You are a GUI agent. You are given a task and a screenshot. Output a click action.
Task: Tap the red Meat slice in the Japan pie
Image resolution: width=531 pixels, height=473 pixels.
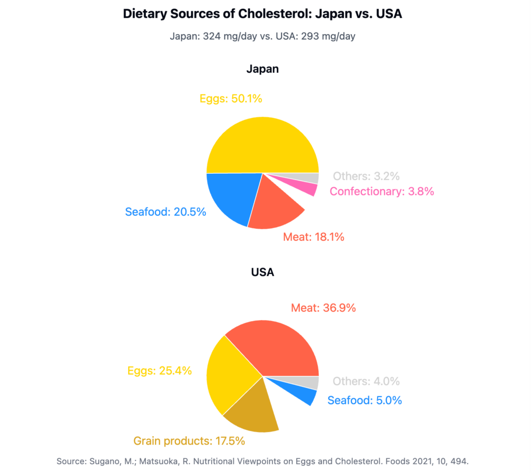(x=275, y=205)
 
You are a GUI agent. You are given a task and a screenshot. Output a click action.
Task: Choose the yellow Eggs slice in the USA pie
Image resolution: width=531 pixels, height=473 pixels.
(x=231, y=376)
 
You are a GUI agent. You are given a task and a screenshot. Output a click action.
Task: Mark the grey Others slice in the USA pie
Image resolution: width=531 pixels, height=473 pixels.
(x=311, y=383)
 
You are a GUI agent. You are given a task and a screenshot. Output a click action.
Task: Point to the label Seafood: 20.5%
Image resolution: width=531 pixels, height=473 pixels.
(x=165, y=212)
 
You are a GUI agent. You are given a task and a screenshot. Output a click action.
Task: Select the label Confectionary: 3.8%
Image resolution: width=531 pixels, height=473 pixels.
(x=382, y=191)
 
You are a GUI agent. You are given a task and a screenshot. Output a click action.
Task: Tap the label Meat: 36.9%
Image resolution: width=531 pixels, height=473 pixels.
(x=323, y=308)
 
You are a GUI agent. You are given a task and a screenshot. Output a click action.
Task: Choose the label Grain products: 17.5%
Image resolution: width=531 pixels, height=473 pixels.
(x=189, y=441)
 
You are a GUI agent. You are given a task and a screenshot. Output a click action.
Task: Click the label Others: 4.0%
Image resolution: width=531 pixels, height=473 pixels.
(x=366, y=381)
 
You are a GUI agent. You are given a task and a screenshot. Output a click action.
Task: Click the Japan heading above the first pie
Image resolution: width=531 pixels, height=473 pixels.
(x=262, y=69)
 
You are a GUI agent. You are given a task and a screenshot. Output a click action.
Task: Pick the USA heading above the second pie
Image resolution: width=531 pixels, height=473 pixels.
(x=262, y=272)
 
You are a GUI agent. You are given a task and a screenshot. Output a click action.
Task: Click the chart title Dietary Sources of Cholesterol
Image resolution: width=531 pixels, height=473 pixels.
(x=262, y=14)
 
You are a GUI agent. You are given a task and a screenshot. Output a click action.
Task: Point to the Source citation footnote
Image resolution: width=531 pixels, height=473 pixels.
(x=262, y=461)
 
